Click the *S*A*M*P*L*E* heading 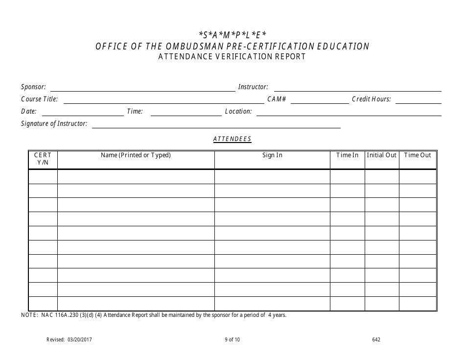pyautogui.click(x=232, y=35)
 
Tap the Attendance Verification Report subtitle pyautogui.click(x=232, y=57)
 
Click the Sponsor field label pyautogui.click(x=33, y=87)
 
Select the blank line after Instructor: pyautogui.click(x=357, y=91)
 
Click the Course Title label pyautogui.click(x=39, y=99)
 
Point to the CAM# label pyautogui.click(x=277, y=99)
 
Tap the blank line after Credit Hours pyautogui.click(x=418, y=103)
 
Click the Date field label pyautogui.click(x=29, y=112)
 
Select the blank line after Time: pyautogui.click(x=186, y=115)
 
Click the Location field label pyautogui.click(x=238, y=112)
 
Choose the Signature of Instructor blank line pyautogui.click(x=216, y=127)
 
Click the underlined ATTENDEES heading pyautogui.click(x=232, y=139)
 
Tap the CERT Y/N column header pyautogui.click(x=43, y=159)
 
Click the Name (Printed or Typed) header pyautogui.click(x=136, y=155)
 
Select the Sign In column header pyautogui.click(x=272, y=155)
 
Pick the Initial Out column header pyautogui.click(x=381, y=155)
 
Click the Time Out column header pyautogui.click(x=418, y=155)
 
